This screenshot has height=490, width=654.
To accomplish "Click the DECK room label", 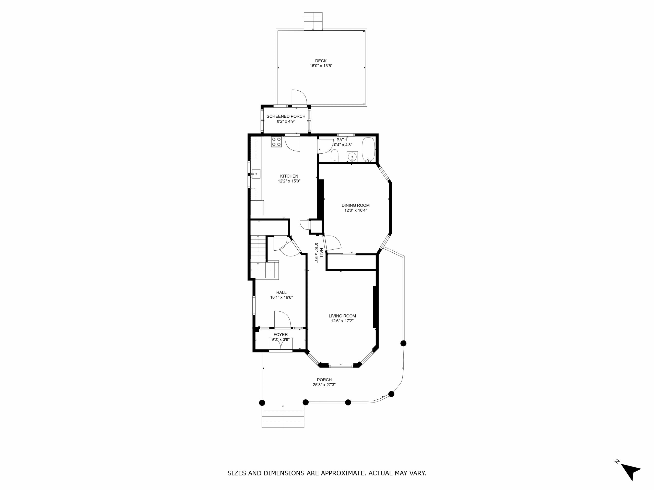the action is point(321,61).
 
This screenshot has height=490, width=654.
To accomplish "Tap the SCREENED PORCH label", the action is point(286,116).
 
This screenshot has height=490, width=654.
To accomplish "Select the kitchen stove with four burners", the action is point(276,142).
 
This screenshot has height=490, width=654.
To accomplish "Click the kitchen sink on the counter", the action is point(49,174).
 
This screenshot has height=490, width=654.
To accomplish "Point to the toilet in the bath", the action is point(334,156).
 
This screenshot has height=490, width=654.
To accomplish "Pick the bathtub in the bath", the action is point(368,150).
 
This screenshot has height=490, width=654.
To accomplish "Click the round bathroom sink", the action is point(352,156).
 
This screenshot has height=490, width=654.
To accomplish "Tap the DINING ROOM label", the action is point(356,205).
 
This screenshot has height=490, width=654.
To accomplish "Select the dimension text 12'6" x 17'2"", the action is point(342,321).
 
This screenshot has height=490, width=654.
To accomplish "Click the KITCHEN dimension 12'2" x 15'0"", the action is point(289,181).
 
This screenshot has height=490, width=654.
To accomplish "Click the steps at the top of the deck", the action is point(313,21).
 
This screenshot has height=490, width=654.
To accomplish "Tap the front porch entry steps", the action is point(283,416).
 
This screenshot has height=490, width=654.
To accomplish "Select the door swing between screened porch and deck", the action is point(299,97).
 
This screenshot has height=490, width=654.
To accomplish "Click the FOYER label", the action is point(281,335).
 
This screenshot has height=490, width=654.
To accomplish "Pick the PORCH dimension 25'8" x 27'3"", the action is point(324,385).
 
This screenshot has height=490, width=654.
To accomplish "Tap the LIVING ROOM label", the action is point(342,316).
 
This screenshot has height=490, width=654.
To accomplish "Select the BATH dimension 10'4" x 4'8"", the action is point(342,145).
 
